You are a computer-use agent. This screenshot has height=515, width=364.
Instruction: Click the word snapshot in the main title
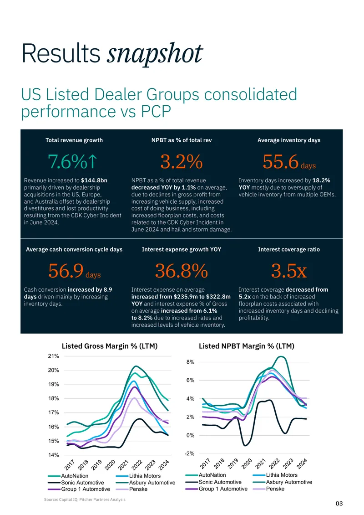coord(155,53)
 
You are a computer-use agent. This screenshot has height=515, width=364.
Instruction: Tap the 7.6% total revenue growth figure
coord(73,162)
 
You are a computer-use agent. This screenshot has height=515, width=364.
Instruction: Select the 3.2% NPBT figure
coord(182,162)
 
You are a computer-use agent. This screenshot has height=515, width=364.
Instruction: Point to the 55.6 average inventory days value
coord(281,162)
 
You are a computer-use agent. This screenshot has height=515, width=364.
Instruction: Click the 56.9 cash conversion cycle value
coord(66,271)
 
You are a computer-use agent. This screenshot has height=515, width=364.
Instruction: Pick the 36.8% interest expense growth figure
coord(182,271)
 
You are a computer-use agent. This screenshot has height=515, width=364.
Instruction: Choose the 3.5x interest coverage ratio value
coord(288,271)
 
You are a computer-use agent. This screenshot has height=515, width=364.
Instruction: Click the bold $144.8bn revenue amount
coord(94,180)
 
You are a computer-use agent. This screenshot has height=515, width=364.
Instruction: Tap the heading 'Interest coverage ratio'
coord(288,249)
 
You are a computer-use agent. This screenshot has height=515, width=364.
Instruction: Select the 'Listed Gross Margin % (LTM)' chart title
coord(110,346)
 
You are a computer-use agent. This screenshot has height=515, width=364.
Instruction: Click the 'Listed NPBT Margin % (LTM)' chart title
coord(246,346)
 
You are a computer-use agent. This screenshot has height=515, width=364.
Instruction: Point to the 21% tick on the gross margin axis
coord(53,356)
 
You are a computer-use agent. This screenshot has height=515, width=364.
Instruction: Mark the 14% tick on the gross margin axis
coord(53,455)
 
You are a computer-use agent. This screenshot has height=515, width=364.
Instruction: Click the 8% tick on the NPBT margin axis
coord(190,362)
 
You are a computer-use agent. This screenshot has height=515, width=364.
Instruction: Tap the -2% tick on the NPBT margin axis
coord(189,453)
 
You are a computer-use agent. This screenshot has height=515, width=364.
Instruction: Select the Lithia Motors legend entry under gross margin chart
coord(138,476)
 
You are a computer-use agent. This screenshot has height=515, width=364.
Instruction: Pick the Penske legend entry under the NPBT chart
coord(268,489)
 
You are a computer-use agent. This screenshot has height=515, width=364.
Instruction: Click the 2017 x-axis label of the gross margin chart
coord(70,465)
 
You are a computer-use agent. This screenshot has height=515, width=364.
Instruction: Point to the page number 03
coord(339,503)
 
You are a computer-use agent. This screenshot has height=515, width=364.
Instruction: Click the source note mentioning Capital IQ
coord(85,499)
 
